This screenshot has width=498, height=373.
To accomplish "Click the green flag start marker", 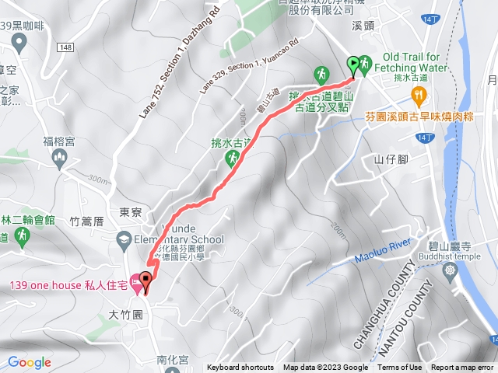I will tap(354, 64).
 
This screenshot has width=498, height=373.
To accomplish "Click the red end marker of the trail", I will tap(145, 288).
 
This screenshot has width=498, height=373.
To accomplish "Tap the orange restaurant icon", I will tap(420, 95).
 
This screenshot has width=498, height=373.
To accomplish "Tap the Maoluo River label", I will tap(382, 249).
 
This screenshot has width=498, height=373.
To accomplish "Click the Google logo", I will tap(30, 362).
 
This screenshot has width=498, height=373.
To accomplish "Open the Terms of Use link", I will tap(400, 368).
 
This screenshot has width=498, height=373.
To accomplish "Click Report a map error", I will tap(463, 368).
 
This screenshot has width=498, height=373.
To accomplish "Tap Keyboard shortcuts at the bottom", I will tap(240, 368).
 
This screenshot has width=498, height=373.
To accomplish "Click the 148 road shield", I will tap(65, 47).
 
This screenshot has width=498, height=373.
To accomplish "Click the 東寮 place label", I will tap(130, 211).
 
